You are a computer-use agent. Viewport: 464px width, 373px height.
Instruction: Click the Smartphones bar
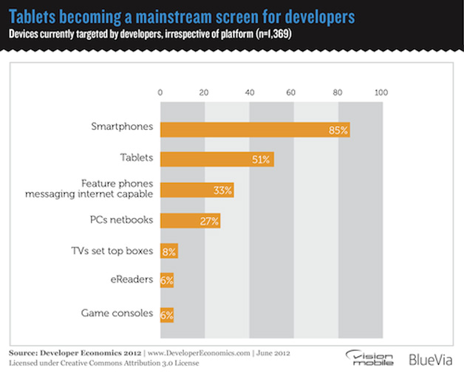click(x=254, y=129)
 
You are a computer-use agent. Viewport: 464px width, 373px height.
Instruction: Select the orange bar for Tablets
click(x=216, y=158)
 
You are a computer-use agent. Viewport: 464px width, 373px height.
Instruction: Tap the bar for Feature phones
click(x=197, y=190)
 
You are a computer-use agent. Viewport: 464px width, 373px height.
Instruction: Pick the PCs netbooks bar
click(x=190, y=220)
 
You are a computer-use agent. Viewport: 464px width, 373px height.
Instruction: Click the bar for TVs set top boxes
click(x=168, y=251)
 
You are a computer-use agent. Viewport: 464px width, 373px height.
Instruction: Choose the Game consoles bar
click(x=166, y=313)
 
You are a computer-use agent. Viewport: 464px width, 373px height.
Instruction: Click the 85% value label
click(x=338, y=129)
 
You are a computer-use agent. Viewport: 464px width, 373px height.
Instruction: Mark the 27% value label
click(x=210, y=221)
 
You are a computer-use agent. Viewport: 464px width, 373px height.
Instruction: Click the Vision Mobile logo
click(x=373, y=357)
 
